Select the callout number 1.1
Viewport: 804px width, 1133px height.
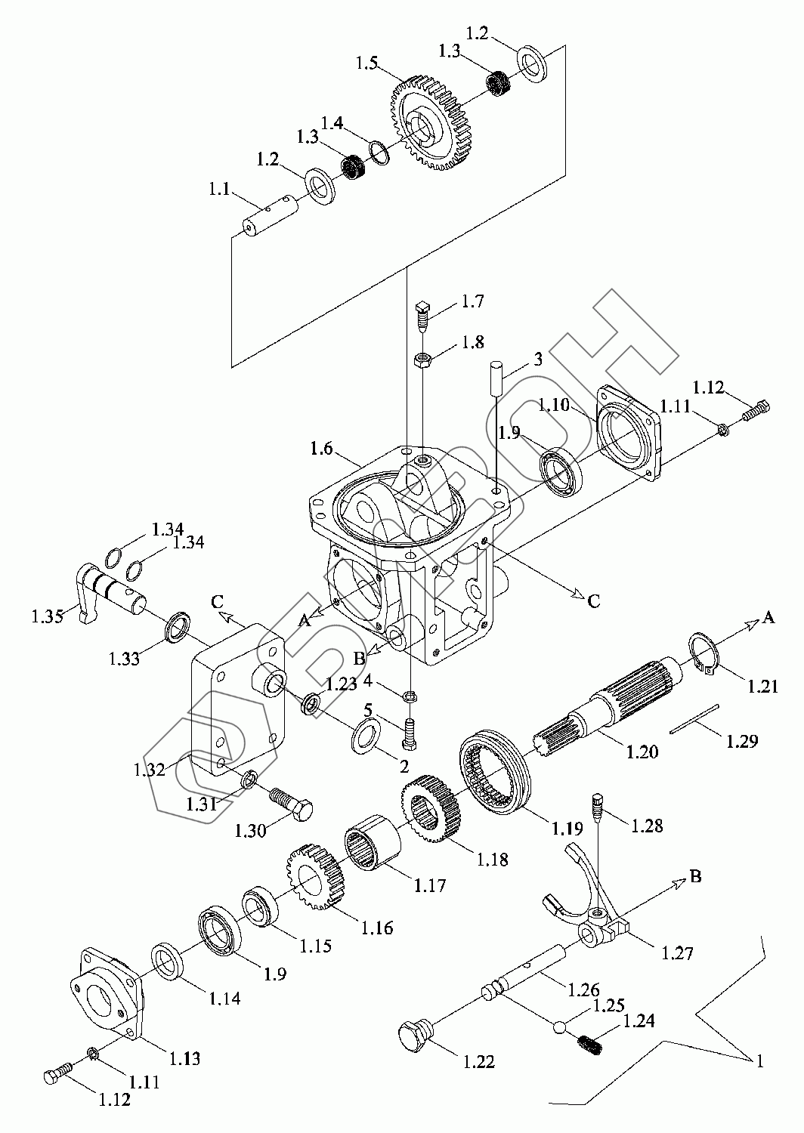[x=219, y=189]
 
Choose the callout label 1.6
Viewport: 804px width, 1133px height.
[x=321, y=448]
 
